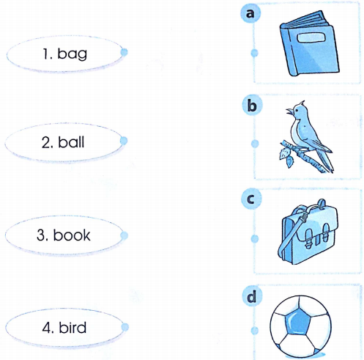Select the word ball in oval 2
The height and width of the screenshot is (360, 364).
coord(64,141)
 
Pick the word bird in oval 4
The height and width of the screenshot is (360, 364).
coord(64,326)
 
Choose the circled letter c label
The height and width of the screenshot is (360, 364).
coord(253,199)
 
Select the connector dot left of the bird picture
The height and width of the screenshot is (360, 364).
coord(255,144)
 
